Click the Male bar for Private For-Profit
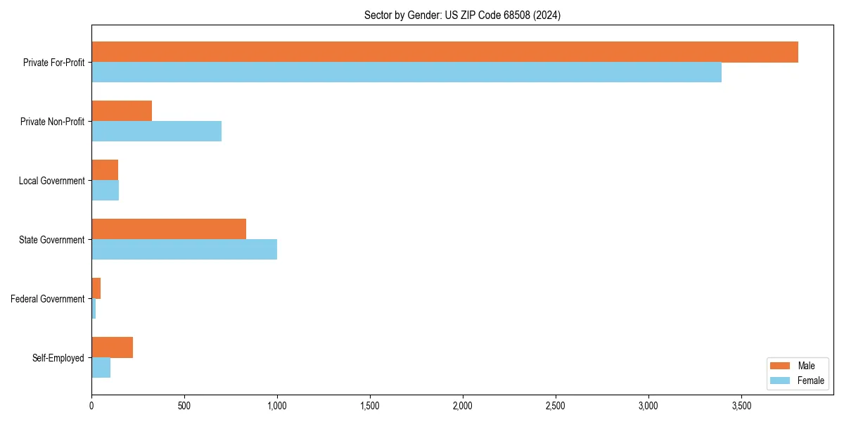tap(445, 52)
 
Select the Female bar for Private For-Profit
tap(407, 72)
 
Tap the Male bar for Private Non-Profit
tap(122, 111)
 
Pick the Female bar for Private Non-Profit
tap(156, 132)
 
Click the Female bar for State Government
tap(184, 250)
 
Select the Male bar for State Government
tap(169, 229)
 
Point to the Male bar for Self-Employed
tap(112, 347)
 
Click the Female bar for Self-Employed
tap(101, 368)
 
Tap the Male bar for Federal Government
tap(96, 288)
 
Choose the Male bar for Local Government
tap(105, 170)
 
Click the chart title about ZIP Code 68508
tap(462, 15)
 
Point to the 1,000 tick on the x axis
tap(277, 406)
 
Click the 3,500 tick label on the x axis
tap(741, 406)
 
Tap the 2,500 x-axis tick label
tap(555, 406)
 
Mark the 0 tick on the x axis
tap(91, 406)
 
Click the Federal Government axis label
tap(47, 299)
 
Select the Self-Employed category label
tap(58, 358)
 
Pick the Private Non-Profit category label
tap(52, 122)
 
